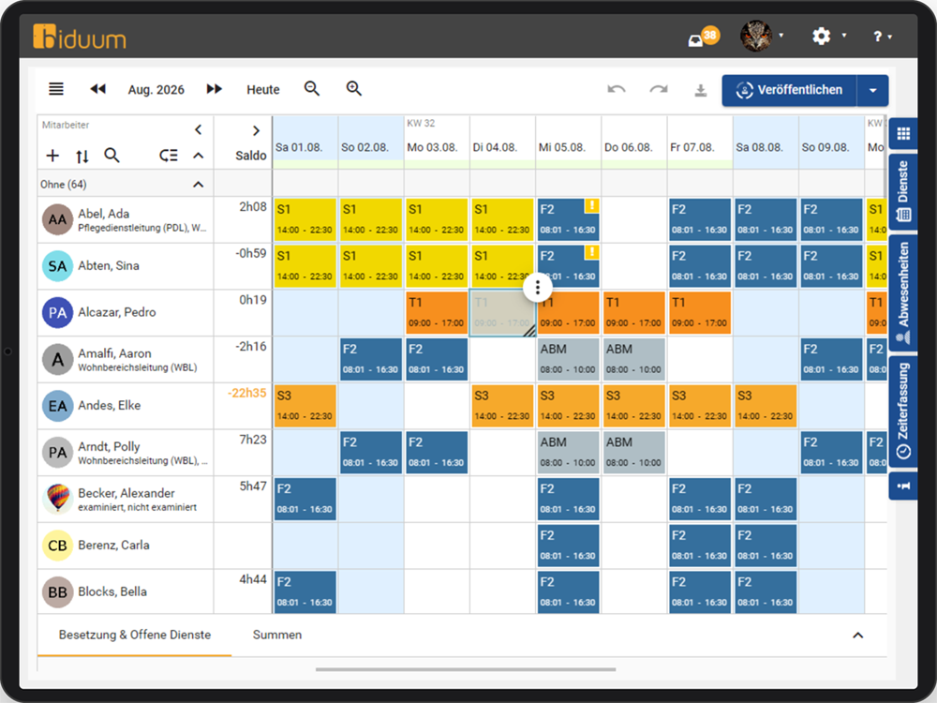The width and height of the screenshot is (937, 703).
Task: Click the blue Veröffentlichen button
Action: [x=789, y=90]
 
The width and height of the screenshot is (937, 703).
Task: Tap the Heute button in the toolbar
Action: [x=263, y=90]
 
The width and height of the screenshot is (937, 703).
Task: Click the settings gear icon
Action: [x=821, y=36]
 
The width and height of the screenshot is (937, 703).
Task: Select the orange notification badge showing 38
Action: [x=710, y=35]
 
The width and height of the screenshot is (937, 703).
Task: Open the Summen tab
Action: [x=277, y=635]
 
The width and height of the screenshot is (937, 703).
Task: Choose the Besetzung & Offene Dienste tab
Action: [x=134, y=635]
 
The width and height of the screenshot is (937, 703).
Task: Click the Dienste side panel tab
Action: [x=903, y=191]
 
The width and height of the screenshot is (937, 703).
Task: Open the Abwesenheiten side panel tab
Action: [x=903, y=292]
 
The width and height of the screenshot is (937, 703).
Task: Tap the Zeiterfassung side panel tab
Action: [x=903, y=411]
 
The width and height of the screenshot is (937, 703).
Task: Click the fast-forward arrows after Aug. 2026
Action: [x=214, y=89]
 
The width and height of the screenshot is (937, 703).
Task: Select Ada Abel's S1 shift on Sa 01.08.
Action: [x=305, y=219]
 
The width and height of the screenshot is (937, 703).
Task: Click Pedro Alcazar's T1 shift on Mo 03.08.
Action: [x=437, y=313]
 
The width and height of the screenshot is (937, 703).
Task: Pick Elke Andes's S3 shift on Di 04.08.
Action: [x=502, y=406]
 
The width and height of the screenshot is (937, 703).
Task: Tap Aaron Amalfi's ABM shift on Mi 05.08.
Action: [x=568, y=359]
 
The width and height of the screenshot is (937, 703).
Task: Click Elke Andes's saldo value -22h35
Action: [x=246, y=394]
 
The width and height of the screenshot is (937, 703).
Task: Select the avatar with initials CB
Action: [x=57, y=546]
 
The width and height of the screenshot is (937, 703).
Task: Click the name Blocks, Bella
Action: [x=112, y=591]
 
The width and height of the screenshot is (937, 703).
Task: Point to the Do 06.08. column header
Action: [x=628, y=147]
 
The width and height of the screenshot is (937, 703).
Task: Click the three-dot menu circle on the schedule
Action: [x=537, y=288]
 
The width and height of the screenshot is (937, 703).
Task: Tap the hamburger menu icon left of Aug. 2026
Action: [x=56, y=89]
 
